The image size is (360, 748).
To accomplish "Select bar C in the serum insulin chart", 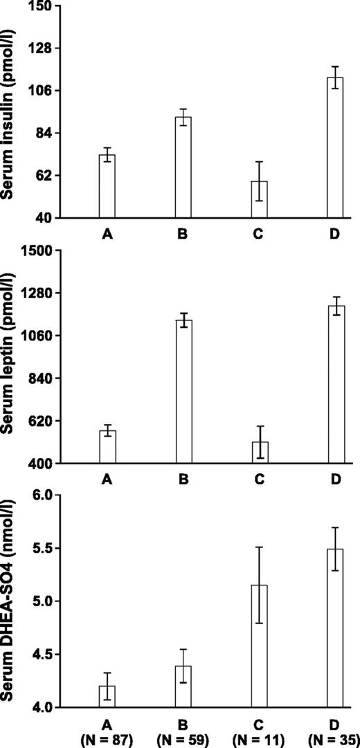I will point(260,199).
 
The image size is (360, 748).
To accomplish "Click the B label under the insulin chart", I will point(183,235).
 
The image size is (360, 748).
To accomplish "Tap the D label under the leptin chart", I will point(335,479).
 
